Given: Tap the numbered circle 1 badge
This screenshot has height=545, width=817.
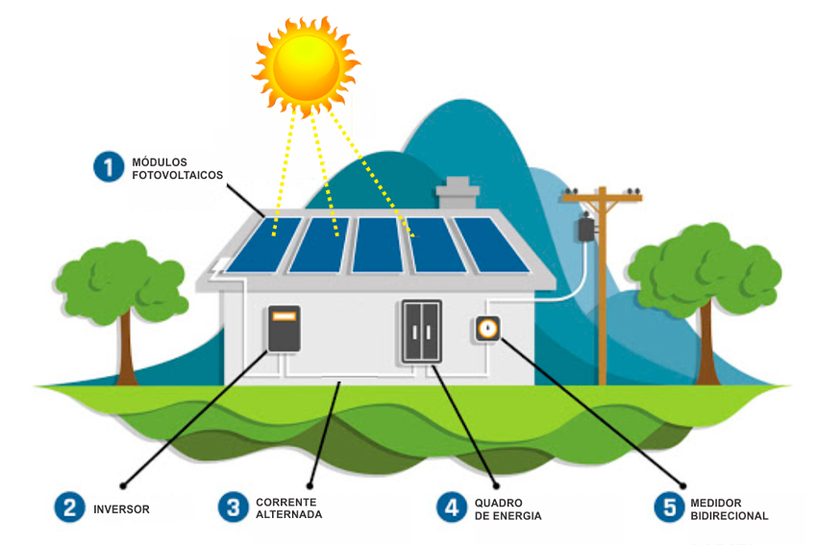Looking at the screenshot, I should (x=110, y=167).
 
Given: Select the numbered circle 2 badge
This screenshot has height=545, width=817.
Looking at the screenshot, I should (x=69, y=508).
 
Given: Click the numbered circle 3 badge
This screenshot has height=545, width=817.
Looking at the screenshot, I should (x=234, y=508).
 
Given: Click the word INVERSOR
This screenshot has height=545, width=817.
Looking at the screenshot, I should (x=121, y=508).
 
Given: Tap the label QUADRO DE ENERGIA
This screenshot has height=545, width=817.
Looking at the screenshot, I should (x=508, y=509).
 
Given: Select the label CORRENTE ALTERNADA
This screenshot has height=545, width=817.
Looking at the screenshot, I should (x=288, y=508).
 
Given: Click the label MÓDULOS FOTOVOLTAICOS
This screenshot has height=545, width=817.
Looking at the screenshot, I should (x=177, y=168).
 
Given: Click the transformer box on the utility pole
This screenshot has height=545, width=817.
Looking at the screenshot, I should (x=585, y=230).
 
